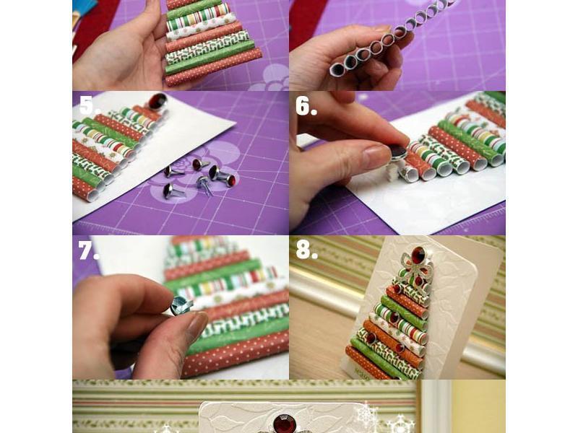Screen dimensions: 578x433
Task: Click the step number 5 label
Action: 90,106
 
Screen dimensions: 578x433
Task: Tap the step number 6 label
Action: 306,107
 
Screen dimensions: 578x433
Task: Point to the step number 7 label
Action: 88,250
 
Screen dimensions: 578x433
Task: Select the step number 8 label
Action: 306,250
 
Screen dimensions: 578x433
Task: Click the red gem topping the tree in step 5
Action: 158,101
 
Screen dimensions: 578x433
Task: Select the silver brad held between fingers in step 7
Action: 181,305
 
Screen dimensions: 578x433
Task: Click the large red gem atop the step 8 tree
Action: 418,255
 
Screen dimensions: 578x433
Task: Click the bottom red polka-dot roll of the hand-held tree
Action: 213,67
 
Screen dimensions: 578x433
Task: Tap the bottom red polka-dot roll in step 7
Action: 236,354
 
